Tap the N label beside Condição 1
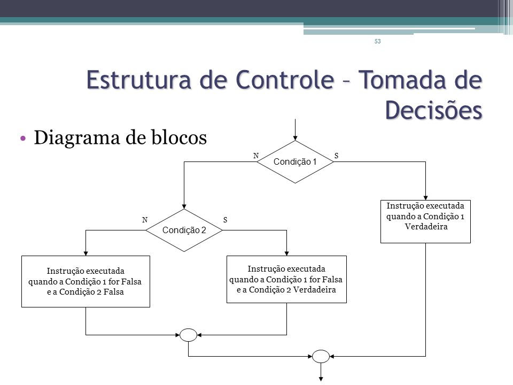[x=256, y=156]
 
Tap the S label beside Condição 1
[x=336, y=156]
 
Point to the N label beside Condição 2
[x=145, y=220]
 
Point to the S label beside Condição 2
[x=225, y=220]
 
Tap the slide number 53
[x=378, y=41]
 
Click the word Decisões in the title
[x=433, y=110]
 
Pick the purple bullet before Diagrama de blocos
[x=23, y=138]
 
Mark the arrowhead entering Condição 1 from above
[x=295, y=138]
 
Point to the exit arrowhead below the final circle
[x=321, y=379]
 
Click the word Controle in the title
[x=285, y=80]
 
